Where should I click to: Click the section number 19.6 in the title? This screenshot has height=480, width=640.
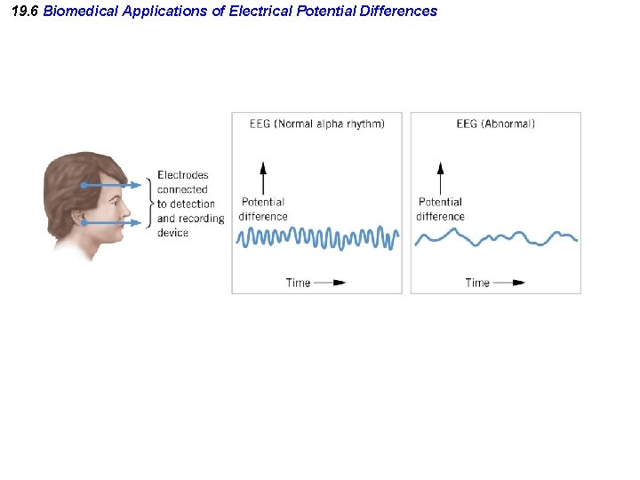point(26,12)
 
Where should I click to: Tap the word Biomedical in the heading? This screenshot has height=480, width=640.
point(77,12)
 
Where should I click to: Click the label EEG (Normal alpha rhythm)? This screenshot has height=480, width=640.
point(317,124)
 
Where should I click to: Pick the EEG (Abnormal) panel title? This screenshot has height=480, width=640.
point(495,124)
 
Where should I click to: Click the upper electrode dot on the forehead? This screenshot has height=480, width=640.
point(84,185)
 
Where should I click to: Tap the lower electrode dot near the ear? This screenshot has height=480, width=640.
point(84,223)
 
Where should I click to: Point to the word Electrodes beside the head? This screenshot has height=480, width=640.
point(182,175)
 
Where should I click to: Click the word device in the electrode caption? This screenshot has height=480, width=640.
point(172,233)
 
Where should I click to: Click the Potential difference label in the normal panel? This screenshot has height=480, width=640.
point(263,209)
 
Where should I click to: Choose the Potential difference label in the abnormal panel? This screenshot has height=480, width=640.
point(440,209)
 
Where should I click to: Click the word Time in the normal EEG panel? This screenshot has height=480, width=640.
point(298,283)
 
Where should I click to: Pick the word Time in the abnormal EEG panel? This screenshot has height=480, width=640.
point(476,283)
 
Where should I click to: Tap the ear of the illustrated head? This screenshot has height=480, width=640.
point(79,219)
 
